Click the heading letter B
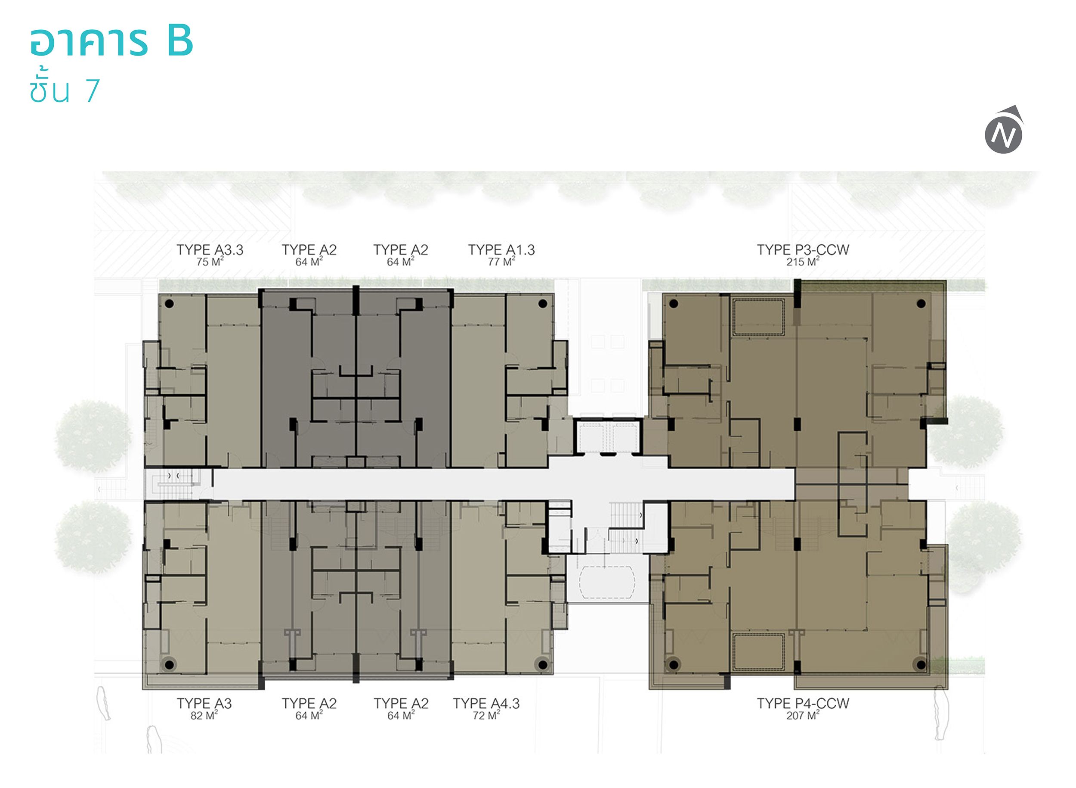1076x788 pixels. coord(179,41)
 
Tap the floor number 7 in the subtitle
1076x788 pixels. coord(93,90)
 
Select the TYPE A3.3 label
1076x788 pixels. coord(210,249)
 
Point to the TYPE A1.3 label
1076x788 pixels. coord(501,249)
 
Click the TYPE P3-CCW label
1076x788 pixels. coord(803,249)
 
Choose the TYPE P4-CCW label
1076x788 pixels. coord(803,703)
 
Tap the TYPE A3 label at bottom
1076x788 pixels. coord(204,703)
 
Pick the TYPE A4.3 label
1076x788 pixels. coord(486,703)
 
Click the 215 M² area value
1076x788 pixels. coord(803,262)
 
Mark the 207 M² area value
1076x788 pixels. coord(803,715)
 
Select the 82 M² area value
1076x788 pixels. coord(204,715)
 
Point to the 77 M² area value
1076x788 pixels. coord(501,262)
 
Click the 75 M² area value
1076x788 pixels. coord(210,262)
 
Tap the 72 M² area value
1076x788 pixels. coord(486,715)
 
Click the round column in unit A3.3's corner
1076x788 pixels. coord(169,303)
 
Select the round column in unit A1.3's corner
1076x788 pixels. coord(542,303)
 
